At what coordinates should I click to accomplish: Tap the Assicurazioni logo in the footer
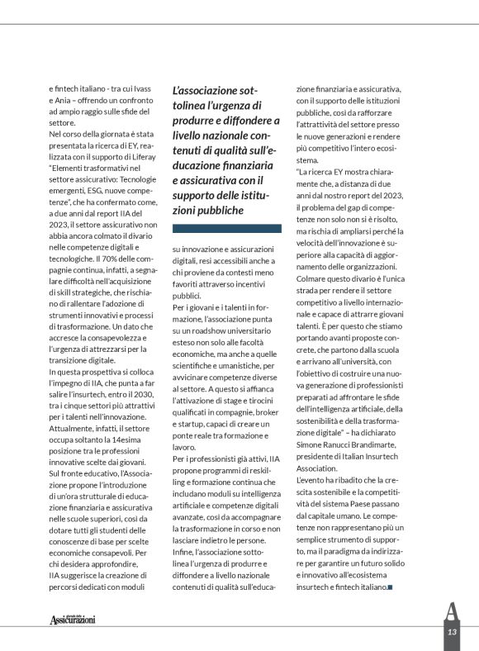[x=73, y=619]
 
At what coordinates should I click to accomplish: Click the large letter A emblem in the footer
[x=451, y=611]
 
